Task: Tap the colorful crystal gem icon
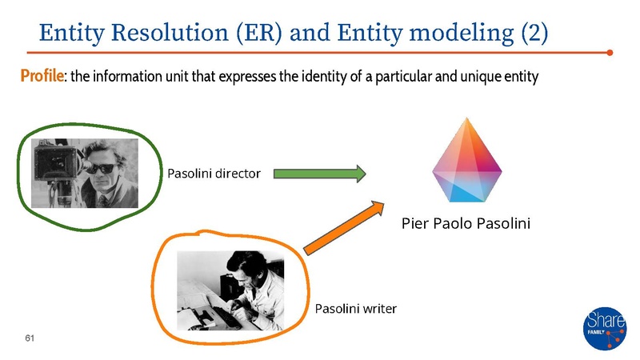[x=466, y=161]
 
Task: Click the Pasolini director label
[x=214, y=174]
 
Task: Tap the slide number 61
[x=30, y=340]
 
